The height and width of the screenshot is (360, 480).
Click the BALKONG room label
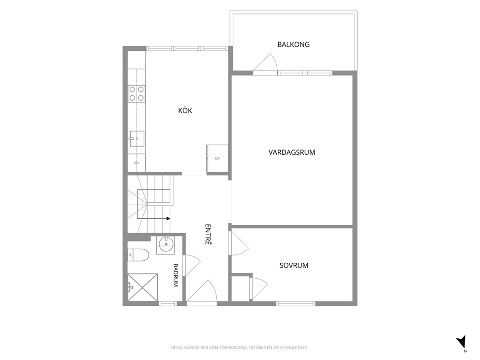click(x=293, y=45)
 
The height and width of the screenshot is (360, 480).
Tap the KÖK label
click(x=185, y=110)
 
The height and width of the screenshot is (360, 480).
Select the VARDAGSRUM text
click(x=292, y=152)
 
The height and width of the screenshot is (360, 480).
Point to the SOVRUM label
click(x=294, y=266)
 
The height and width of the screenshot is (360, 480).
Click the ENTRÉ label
click(x=208, y=235)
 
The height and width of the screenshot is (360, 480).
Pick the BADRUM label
click(x=176, y=275)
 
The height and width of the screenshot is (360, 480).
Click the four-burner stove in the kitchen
click(x=136, y=94)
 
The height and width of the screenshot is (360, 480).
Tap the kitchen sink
click(x=137, y=139)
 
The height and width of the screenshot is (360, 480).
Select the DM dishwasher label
click(x=136, y=163)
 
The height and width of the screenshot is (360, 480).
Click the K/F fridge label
click(x=217, y=159)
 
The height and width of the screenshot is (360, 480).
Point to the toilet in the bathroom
click(x=138, y=255)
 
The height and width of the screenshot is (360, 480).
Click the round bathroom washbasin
click(x=166, y=244)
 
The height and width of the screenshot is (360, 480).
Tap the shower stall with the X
click(x=143, y=287)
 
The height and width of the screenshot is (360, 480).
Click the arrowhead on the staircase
click(x=168, y=219)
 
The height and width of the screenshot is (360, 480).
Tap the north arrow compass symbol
click(x=461, y=342)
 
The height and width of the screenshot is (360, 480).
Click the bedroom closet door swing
click(x=259, y=288)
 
